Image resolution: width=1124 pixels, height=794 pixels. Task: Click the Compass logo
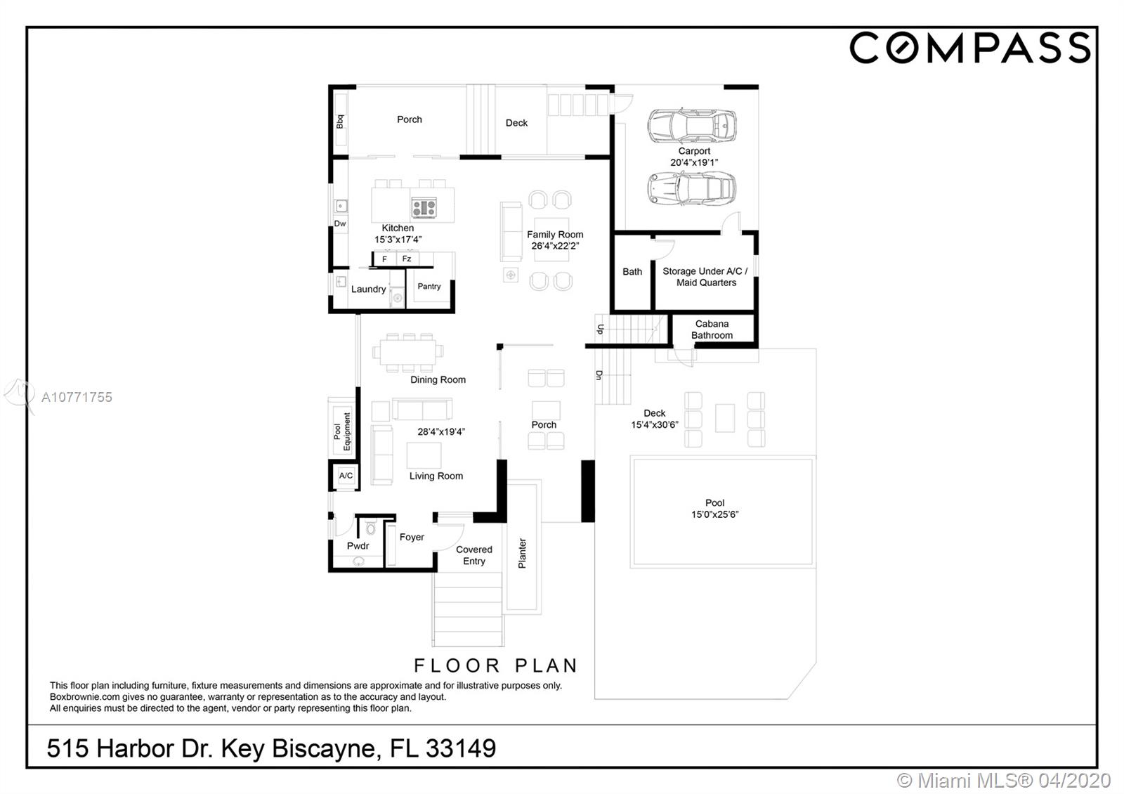(970, 48)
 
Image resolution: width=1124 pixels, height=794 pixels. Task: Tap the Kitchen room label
(398, 228)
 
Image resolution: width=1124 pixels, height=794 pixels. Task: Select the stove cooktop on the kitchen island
(424, 207)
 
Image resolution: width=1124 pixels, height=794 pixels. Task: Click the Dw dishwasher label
(340, 223)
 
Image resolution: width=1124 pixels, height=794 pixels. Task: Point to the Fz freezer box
(407, 259)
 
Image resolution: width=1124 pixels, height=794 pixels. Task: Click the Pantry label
(429, 286)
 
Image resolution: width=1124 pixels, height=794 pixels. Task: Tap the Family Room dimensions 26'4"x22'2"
(555, 246)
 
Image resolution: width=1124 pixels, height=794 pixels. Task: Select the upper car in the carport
(692, 126)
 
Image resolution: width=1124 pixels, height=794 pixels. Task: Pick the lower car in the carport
(692, 188)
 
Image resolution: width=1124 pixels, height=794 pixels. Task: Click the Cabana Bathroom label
(712, 330)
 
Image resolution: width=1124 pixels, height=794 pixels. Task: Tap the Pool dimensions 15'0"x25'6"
(714, 514)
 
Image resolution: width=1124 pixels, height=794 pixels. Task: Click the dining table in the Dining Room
(407, 352)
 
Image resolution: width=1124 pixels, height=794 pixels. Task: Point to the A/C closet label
(346, 475)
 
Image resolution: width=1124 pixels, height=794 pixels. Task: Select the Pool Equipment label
(341, 431)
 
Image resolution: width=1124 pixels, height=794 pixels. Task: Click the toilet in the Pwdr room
(370, 528)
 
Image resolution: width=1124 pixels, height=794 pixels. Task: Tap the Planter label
(522, 553)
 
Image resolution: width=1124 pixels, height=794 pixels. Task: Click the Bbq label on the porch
(340, 122)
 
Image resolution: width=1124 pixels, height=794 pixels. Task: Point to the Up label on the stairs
(600, 330)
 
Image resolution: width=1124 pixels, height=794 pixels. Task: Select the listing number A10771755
(77, 397)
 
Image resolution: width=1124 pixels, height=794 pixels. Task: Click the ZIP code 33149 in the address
(461, 748)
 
